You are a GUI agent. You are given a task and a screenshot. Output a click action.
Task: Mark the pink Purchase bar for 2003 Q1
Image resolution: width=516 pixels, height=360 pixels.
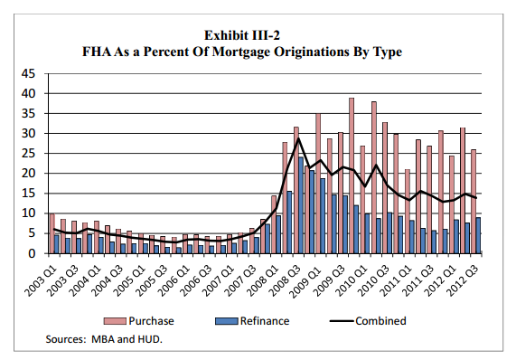(52, 233)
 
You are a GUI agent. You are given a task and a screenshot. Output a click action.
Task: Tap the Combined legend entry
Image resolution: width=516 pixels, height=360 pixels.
(380, 320)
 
